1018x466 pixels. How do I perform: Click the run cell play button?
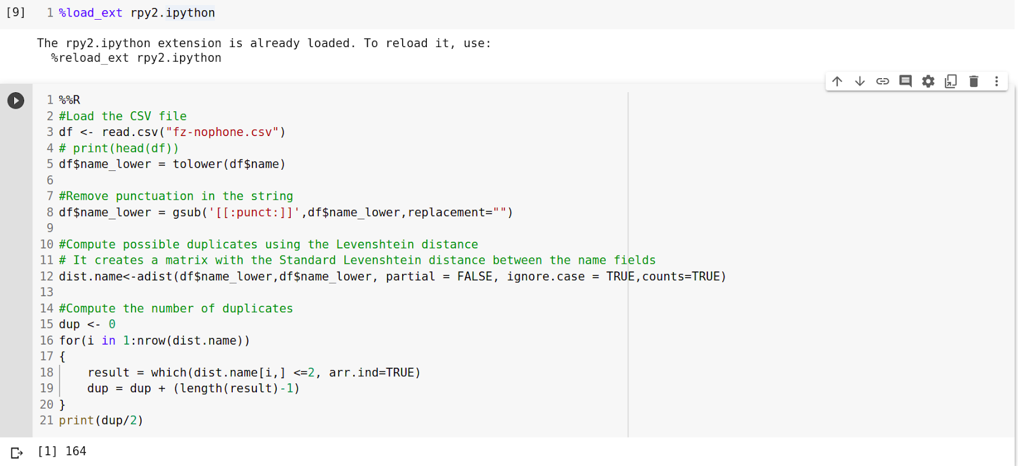click(x=16, y=100)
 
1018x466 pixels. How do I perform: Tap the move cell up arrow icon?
click(x=837, y=81)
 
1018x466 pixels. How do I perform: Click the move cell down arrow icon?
click(x=860, y=81)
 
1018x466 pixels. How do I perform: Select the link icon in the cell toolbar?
click(x=882, y=81)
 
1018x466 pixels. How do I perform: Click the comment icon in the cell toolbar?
click(x=905, y=81)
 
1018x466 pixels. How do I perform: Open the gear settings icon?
click(x=928, y=81)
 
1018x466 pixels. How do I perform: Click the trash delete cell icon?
click(x=973, y=81)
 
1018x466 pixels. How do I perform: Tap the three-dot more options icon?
click(x=996, y=81)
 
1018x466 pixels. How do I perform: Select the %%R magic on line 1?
click(x=69, y=100)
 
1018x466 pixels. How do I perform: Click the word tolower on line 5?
click(x=197, y=164)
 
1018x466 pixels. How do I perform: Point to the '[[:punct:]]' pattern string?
click(x=254, y=212)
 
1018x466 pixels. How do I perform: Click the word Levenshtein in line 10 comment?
click(x=375, y=244)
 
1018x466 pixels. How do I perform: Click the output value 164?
click(x=76, y=451)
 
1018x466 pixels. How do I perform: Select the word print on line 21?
click(x=76, y=420)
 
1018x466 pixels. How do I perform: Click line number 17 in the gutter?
click(x=46, y=356)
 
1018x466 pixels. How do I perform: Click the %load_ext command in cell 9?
click(x=90, y=13)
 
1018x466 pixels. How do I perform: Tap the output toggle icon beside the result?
click(x=17, y=453)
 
